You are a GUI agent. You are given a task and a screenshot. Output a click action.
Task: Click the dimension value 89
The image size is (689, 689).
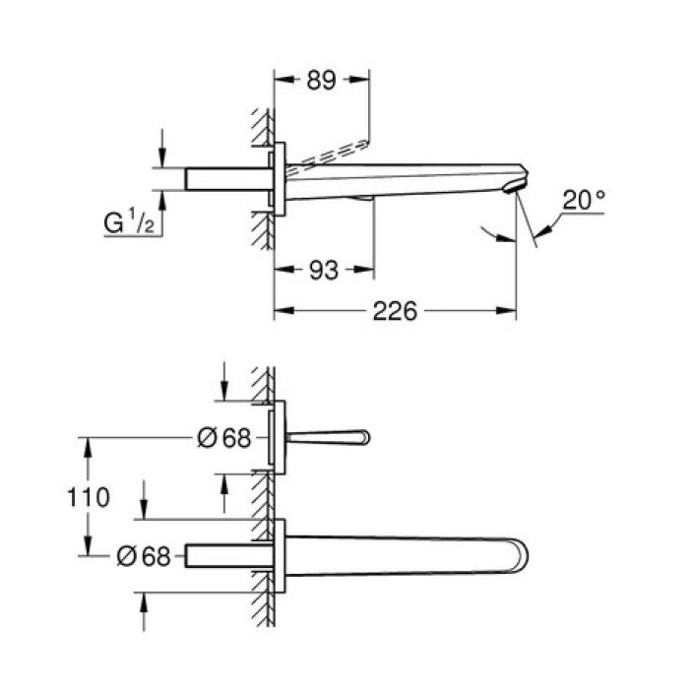click(321, 80)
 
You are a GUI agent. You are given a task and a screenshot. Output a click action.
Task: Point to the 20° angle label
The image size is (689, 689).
click(584, 200)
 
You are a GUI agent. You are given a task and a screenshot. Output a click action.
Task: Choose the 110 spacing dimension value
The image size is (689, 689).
click(90, 497)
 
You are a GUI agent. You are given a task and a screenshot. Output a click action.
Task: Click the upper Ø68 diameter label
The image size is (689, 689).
click(224, 438)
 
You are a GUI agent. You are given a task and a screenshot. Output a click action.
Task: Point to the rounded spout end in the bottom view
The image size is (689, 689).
click(520, 556)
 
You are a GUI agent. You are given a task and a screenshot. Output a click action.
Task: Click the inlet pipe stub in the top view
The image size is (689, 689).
click(225, 180)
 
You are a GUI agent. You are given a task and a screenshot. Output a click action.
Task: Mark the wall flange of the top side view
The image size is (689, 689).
click(279, 180)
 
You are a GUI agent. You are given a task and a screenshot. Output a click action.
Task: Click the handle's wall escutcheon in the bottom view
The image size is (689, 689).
click(279, 437)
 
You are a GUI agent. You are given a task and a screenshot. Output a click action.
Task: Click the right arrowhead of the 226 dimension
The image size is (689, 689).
click(510, 312)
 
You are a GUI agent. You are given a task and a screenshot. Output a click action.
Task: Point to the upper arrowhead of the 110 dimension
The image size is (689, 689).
click(90, 445)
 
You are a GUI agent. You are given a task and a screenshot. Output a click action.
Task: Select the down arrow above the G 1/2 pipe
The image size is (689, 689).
click(163, 158)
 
